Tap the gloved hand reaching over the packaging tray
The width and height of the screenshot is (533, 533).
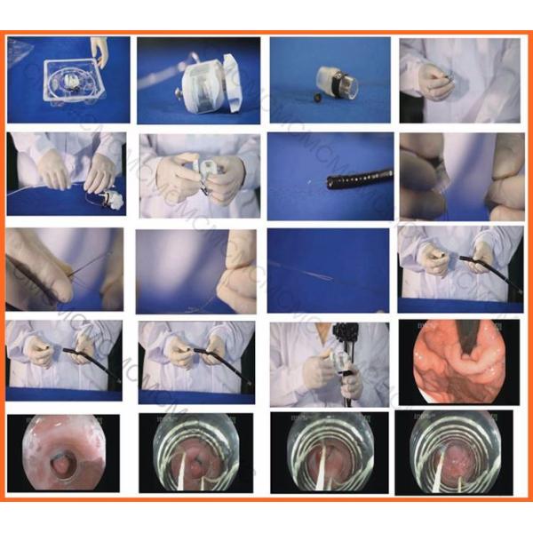99,51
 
